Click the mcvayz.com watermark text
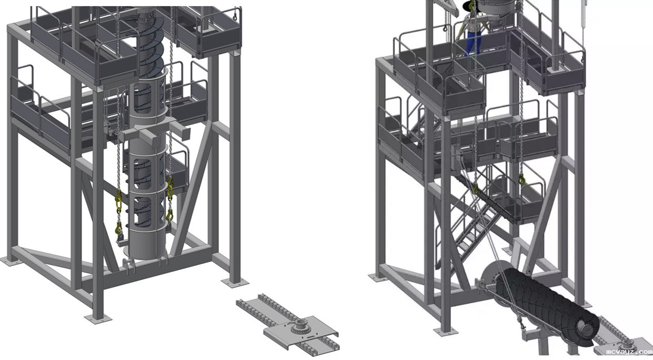[629, 352]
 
